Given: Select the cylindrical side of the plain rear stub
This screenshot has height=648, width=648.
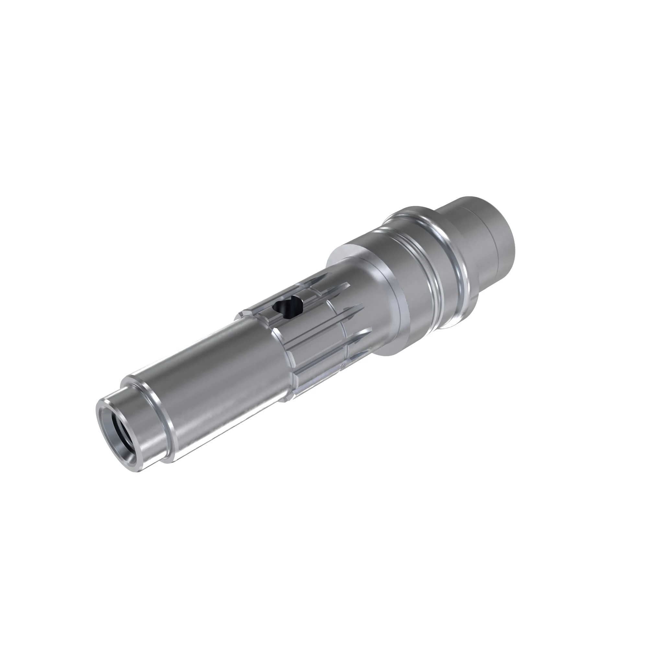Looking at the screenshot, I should click(x=469, y=255).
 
